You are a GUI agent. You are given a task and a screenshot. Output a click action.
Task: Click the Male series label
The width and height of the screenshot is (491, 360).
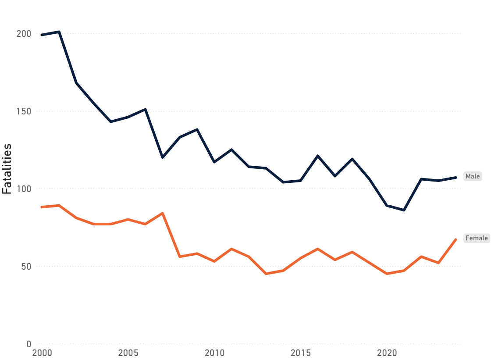click(473, 176)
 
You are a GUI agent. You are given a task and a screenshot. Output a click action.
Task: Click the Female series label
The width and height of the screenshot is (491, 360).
click(476, 238)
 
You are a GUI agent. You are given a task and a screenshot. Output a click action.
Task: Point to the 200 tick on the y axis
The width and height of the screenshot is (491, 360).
click(24, 34)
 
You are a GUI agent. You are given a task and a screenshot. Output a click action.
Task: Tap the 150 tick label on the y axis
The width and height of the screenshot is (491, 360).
click(24, 111)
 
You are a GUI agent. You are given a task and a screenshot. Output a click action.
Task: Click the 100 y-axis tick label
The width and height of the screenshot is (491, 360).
click(24, 189)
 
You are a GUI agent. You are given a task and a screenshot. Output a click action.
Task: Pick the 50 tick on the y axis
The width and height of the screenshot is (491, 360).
click(26, 267)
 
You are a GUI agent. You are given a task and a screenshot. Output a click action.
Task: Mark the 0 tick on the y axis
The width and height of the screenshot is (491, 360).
click(28, 344)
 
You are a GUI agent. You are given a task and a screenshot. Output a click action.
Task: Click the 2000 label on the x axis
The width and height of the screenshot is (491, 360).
click(42, 353)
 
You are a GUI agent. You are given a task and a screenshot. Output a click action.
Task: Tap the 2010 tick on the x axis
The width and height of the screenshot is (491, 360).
click(214, 353)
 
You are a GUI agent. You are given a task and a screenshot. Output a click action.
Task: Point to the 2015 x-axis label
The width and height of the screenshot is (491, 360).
click(301, 353)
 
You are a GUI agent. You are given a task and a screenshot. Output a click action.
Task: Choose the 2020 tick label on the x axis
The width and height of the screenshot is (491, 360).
click(387, 353)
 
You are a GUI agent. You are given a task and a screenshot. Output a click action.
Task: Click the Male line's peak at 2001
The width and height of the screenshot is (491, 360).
click(59, 32)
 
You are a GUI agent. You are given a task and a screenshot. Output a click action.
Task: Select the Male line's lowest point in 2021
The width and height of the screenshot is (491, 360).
click(404, 210)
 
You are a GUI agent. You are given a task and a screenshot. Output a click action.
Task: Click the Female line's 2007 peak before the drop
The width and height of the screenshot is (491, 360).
click(163, 213)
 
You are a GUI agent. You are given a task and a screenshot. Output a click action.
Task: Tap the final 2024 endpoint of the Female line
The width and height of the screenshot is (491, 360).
click(456, 239)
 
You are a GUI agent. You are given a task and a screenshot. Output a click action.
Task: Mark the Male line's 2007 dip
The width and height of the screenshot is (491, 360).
click(163, 157)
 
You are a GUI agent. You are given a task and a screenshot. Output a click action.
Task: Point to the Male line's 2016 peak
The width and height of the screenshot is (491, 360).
click(318, 156)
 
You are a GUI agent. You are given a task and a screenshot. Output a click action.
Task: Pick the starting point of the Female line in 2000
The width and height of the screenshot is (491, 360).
click(42, 207)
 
